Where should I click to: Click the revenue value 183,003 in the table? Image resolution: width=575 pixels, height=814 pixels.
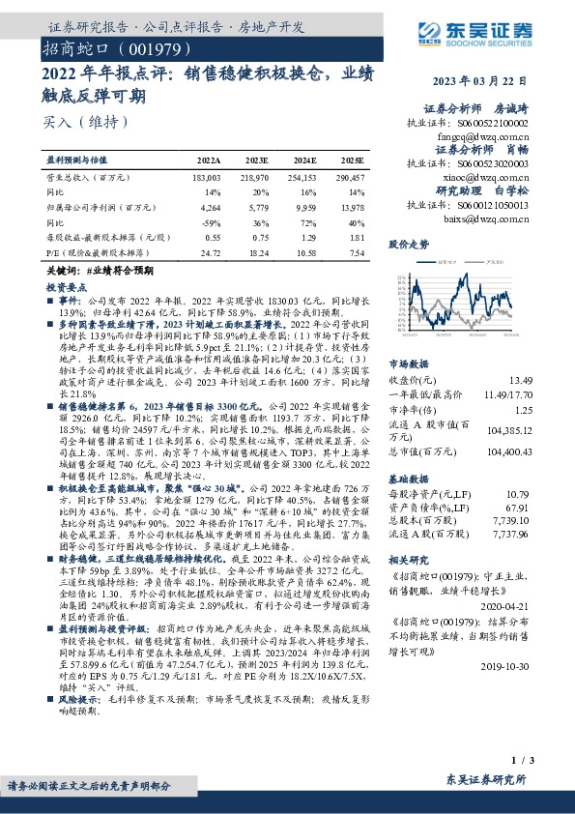[207, 179]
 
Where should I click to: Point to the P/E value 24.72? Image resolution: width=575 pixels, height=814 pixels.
[209, 251]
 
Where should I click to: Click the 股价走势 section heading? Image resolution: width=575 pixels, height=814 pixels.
[409, 244]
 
